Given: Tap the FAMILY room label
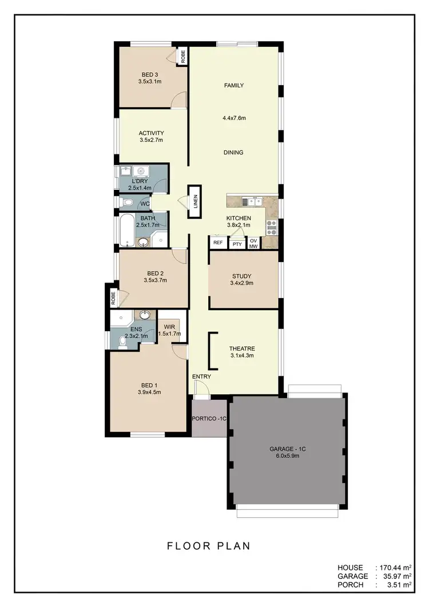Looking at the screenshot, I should [x=233, y=86].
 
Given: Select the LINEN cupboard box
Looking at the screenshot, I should [x=195, y=201].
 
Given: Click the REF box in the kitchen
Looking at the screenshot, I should [x=218, y=243].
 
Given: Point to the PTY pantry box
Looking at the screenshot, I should [x=237, y=244].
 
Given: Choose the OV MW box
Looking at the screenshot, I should [x=254, y=244].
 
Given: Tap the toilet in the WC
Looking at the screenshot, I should [x=128, y=203].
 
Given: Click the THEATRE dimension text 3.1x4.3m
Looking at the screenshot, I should [x=242, y=355].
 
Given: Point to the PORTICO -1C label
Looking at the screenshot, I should [x=209, y=418].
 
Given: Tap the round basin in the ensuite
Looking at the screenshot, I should [x=145, y=315].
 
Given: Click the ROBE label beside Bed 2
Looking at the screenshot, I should [x=113, y=297].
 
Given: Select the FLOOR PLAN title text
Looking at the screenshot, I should [x=209, y=546].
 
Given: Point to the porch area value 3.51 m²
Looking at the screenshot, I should [x=398, y=585].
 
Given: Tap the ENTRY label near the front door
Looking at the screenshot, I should [x=201, y=376].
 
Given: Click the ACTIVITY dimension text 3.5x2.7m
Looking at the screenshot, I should [x=151, y=140].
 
